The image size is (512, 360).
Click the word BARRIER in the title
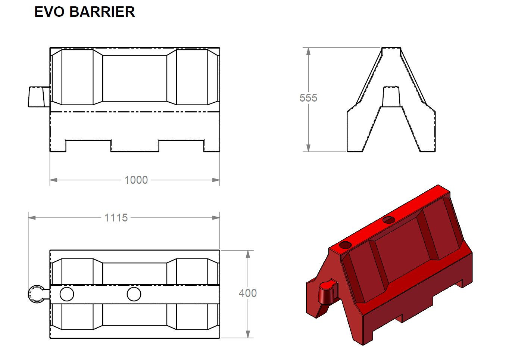pos(102,12)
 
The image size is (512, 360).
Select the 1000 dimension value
pos(136,180)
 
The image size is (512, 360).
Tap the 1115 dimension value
pos(116,218)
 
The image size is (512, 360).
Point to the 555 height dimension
pos(308,98)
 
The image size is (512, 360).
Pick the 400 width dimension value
pos(247,294)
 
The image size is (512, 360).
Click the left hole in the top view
pos(67,294)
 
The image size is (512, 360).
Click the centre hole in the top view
pos(134,294)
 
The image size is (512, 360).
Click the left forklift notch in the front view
pos(88,145)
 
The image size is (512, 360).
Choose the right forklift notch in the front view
pos(181,145)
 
